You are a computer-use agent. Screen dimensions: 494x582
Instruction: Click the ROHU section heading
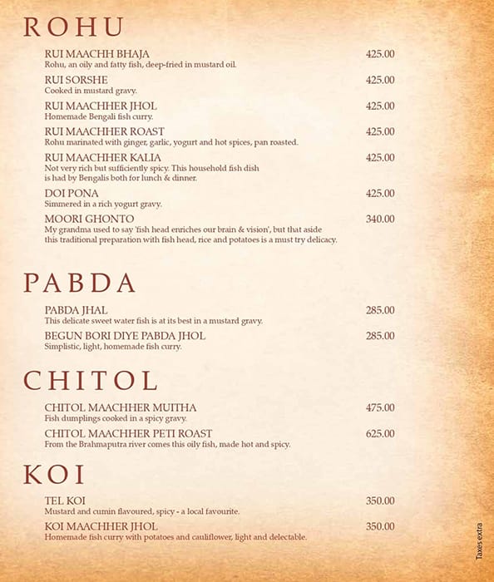73,27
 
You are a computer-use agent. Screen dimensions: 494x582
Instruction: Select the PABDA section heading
79,283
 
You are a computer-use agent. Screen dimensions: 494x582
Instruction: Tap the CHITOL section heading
90,381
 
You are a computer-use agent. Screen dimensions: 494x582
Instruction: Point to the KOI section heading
55,475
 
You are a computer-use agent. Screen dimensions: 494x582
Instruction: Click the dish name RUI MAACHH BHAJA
97,54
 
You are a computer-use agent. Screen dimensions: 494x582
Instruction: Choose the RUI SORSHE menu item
77,80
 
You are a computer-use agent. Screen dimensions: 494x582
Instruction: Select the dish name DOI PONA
72,194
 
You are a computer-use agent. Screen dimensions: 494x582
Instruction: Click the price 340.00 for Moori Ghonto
380,219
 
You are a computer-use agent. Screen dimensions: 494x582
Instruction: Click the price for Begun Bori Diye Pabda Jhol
380,336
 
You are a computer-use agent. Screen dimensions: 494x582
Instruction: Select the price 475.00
380,407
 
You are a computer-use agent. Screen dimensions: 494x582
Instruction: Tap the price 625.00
380,433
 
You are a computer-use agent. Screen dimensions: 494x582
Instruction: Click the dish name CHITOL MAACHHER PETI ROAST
128,433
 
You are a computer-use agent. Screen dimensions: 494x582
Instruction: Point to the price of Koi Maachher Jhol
380,526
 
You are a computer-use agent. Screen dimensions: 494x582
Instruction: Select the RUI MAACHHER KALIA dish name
103,157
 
